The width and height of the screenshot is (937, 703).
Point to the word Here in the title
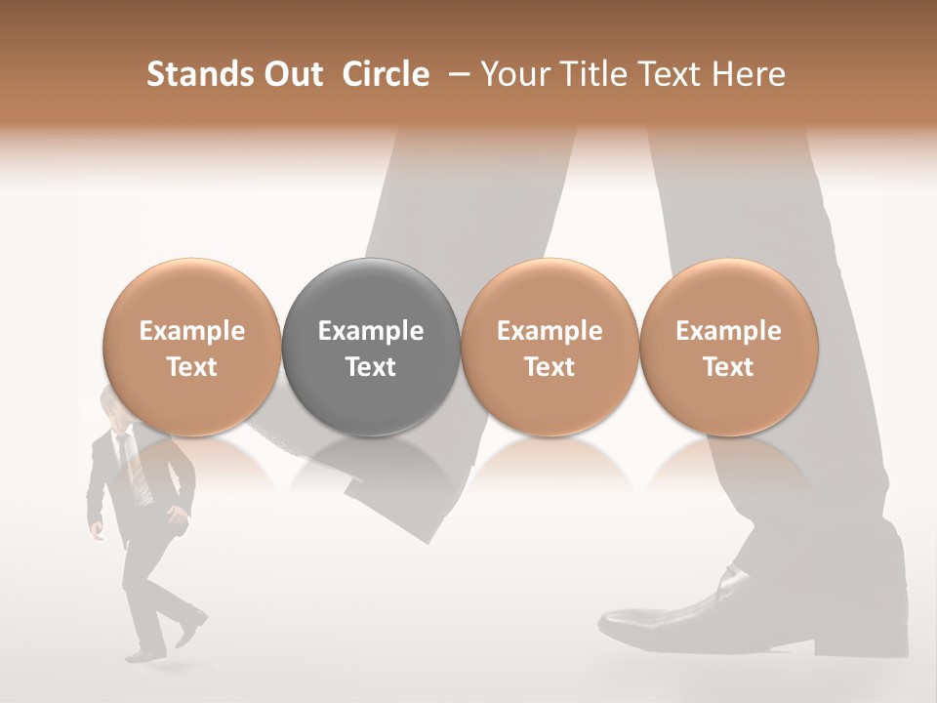click(751, 74)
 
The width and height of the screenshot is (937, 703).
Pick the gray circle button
click(371, 348)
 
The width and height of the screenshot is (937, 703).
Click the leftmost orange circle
click(192, 348)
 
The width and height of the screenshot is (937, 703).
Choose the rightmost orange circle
click(728, 348)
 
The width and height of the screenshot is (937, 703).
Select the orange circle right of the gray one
click(550, 348)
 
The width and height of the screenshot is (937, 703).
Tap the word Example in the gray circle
click(371, 331)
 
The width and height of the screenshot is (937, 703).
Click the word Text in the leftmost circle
click(192, 367)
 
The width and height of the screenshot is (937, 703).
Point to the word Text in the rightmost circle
click(728, 367)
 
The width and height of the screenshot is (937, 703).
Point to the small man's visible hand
click(97, 531)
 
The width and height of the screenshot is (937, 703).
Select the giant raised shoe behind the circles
click(390, 488)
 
